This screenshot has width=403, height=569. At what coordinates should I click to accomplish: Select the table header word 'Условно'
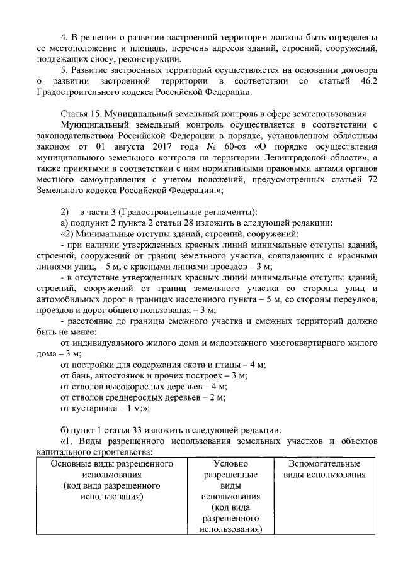[x=230, y=464]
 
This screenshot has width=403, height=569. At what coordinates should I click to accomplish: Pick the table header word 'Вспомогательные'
[x=324, y=464]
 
